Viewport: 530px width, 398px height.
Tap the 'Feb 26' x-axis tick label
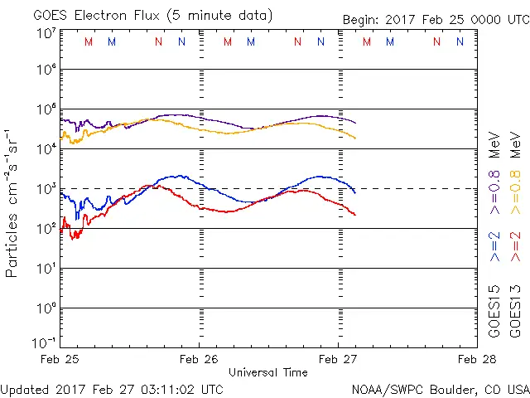[x=200, y=359]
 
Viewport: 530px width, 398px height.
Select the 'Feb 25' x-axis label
[x=60, y=359]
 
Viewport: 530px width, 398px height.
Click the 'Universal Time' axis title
[x=268, y=372]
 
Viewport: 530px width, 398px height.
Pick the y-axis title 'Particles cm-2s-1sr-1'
[x=12, y=202]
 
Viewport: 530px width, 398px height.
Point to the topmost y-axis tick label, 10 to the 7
[x=46, y=32]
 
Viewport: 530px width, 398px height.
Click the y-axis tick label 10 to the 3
[x=46, y=187]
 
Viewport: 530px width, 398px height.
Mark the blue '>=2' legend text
[x=494, y=246]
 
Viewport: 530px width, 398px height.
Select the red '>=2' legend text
[x=516, y=246]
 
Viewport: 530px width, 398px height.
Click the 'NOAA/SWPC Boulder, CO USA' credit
[x=439, y=388]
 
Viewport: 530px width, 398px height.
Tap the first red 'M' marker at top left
[x=89, y=41]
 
